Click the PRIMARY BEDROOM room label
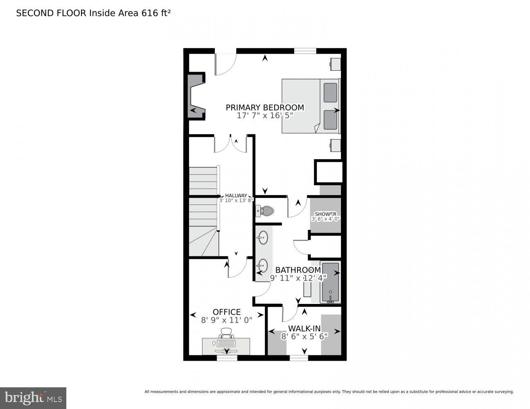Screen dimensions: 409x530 [265, 107]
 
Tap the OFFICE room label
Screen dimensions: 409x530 [226, 312]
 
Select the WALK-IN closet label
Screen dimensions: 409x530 [304, 328]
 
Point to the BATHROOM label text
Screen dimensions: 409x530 [298, 270]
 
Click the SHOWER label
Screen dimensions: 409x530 [325, 214]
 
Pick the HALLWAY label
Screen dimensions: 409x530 [236, 196]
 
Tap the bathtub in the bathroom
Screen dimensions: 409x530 [330, 283]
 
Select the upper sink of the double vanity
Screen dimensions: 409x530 [263, 237]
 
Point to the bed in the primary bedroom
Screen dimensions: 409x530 [310, 106]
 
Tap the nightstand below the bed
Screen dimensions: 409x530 [335, 145]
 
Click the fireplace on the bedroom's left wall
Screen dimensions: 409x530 [196, 96]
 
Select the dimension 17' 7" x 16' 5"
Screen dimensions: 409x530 [265, 116]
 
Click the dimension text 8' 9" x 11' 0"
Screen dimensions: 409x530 [226, 320]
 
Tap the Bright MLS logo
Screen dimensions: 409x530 [33, 398]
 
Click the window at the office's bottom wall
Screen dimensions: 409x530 [227, 358]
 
